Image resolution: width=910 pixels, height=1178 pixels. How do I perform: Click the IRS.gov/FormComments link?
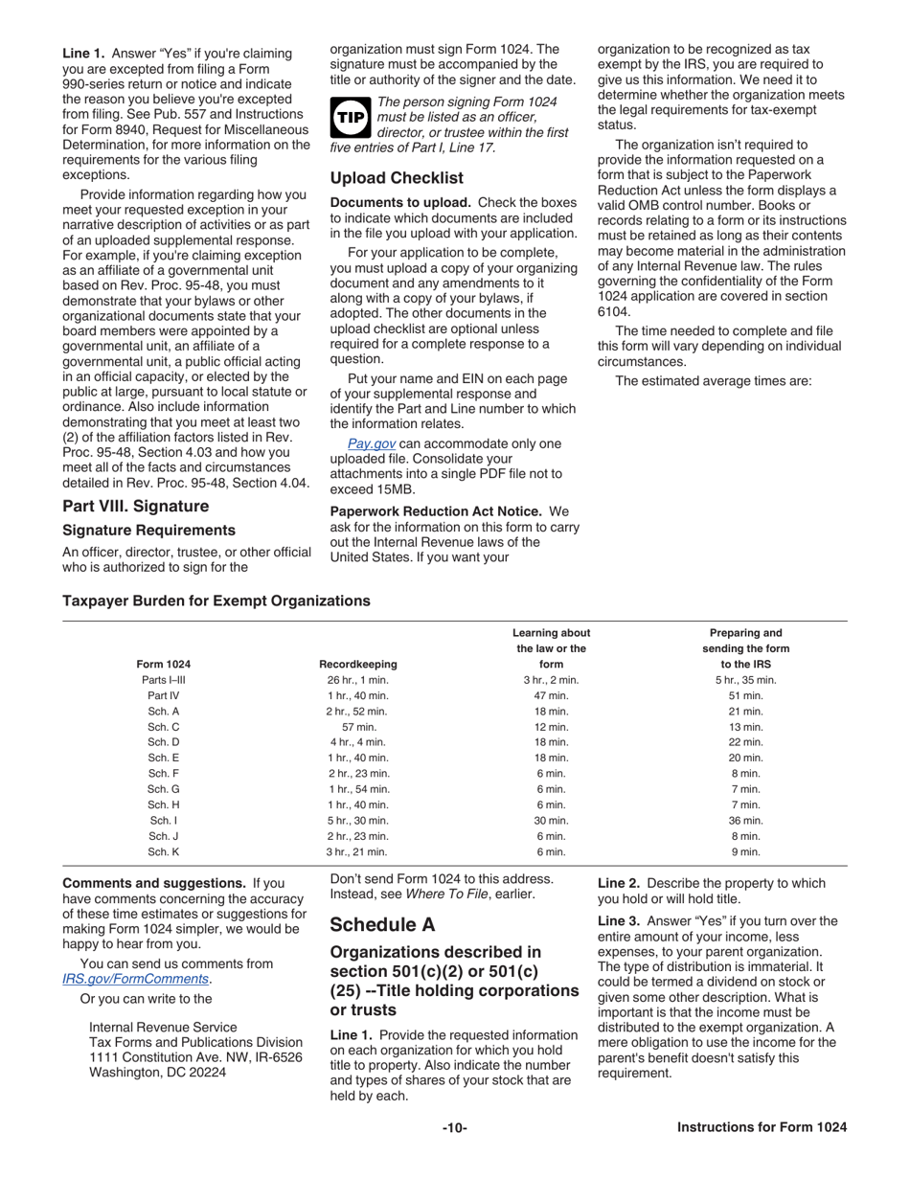pos(135,979)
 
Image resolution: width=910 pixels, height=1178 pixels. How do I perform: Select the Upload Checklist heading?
pos(397,178)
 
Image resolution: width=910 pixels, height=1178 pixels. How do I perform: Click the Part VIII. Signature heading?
pos(135,506)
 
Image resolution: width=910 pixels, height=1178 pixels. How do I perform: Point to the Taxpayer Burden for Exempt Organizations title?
pos(216,600)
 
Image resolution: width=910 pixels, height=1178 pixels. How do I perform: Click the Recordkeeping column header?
pos(357,664)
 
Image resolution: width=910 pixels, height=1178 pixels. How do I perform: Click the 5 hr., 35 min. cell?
pos(746,680)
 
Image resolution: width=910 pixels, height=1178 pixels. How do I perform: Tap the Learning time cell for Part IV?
pos(551,695)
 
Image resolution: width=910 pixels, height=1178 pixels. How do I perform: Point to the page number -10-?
pos(455,1127)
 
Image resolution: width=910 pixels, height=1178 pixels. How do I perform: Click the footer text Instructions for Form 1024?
pos(762,1127)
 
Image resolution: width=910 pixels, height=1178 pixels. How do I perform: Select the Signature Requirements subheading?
pos(148,530)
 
